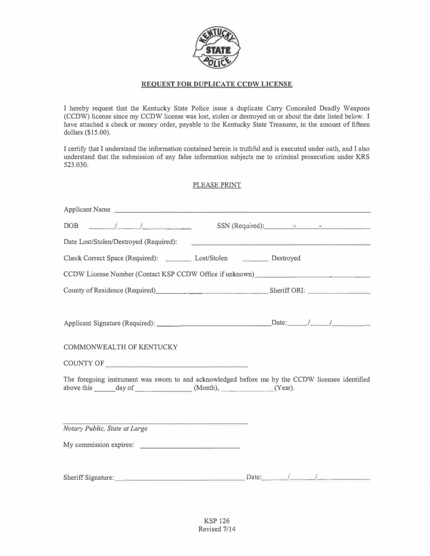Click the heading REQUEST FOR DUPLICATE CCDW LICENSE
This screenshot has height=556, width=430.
pyautogui.click(x=216, y=84)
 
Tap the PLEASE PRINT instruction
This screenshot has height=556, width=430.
pyautogui.click(x=217, y=185)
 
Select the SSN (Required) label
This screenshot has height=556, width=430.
pyautogui.click(x=240, y=226)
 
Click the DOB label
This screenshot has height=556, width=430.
pyautogui.click(x=71, y=226)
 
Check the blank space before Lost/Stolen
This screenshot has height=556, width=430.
pyautogui.click(x=179, y=259)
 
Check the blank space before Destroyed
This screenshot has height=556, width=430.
pyautogui.click(x=255, y=259)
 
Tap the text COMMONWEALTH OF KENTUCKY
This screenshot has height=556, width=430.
pyautogui.click(x=121, y=347)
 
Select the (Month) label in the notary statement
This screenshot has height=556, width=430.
pyautogui.click(x=206, y=388)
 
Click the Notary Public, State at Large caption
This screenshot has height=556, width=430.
pyautogui.click(x=106, y=429)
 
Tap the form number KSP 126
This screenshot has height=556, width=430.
pyautogui.click(x=217, y=521)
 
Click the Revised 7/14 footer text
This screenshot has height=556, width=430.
pyautogui.click(x=217, y=529)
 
